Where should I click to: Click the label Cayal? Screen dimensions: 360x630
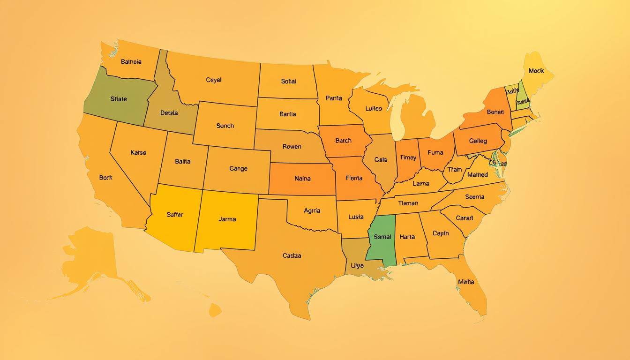[x=214, y=80]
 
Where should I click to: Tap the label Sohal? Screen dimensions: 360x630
[x=289, y=81]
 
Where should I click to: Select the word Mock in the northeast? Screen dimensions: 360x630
[x=536, y=71]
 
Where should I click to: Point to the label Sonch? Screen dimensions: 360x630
[x=225, y=126]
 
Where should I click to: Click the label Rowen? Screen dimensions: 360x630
[x=292, y=147]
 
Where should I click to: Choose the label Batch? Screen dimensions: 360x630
[x=343, y=141]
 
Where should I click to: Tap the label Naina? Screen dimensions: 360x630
[x=302, y=179]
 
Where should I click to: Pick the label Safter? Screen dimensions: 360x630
[x=175, y=215]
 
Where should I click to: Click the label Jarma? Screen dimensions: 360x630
[x=227, y=219]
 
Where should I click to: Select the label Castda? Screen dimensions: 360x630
[x=292, y=256]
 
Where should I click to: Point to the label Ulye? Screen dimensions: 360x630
[x=357, y=266]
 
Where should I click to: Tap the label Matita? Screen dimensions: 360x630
[x=466, y=282]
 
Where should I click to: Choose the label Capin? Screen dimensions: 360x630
[x=441, y=233]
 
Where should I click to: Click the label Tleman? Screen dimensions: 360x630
[x=408, y=203]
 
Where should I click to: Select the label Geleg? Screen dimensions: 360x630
[x=478, y=141]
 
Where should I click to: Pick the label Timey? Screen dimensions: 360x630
[x=408, y=158]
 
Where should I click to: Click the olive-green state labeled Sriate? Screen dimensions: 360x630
[x=119, y=99]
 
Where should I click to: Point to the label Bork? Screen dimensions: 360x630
[x=106, y=178]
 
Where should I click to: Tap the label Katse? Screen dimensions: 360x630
[x=138, y=153]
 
